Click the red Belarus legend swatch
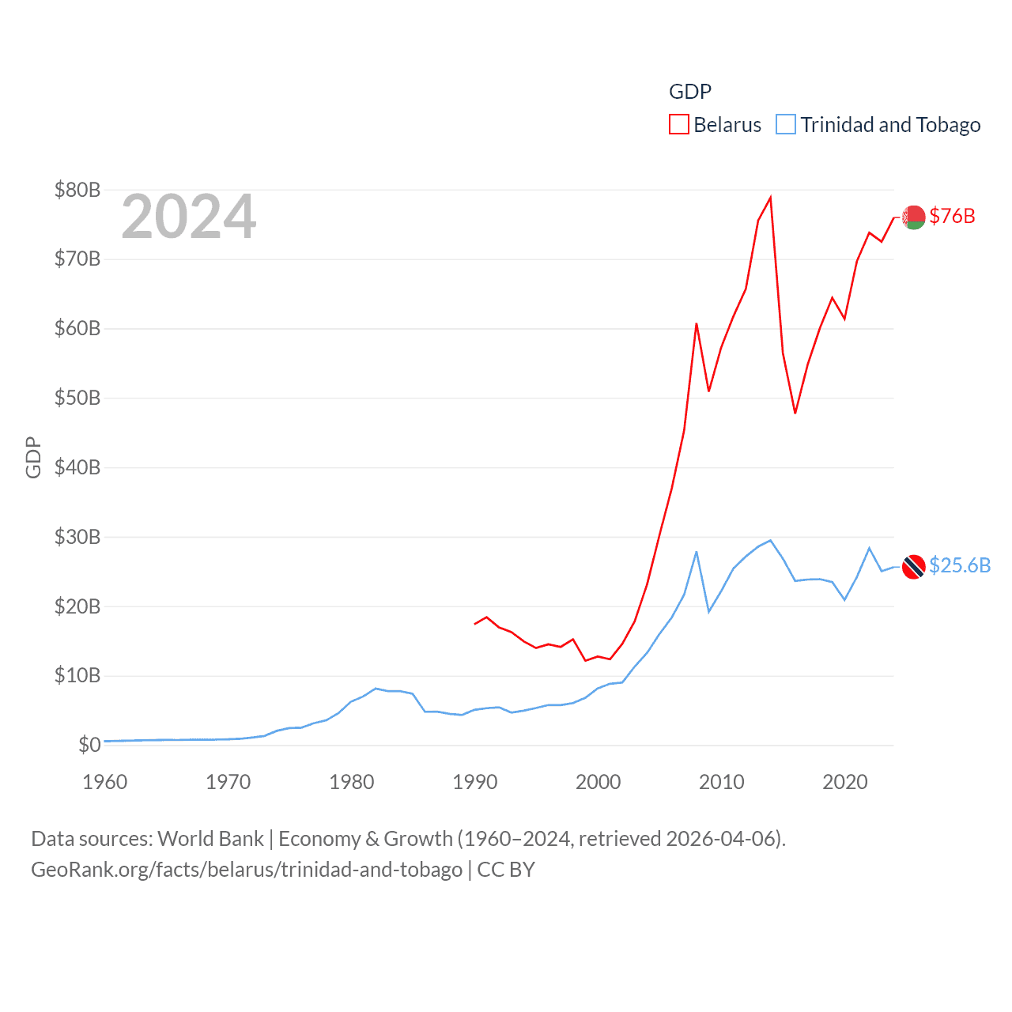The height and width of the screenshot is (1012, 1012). [x=679, y=125]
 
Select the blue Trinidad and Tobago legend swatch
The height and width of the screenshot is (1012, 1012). [x=786, y=125]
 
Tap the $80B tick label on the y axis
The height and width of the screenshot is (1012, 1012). [x=77, y=190]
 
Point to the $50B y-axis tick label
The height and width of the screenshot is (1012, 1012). [x=77, y=398]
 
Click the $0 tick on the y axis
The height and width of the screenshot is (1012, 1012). [x=89, y=745]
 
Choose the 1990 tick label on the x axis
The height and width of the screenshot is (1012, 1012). [x=475, y=782]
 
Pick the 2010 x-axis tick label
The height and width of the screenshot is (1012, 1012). [x=722, y=782]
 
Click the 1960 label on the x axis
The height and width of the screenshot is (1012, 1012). [x=105, y=782]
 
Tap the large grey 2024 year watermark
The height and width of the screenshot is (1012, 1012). [x=189, y=217]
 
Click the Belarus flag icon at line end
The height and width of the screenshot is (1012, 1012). [x=914, y=217]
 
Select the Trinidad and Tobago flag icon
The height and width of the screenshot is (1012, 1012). [x=914, y=566]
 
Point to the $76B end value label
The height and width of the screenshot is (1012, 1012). [x=953, y=216]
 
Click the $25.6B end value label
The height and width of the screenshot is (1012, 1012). [x=960, y=565]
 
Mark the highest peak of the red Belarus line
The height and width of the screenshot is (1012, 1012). [x=770, y=198]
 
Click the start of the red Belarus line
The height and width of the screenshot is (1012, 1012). [x=475, y=624]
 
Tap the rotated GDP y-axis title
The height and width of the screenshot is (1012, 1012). [x=33, y=457]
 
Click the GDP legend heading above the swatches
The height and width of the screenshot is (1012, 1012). [x=690, y=92]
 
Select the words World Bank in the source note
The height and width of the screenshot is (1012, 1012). [x=211, y=839]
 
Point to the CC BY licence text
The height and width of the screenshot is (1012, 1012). [x=506, y=870]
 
